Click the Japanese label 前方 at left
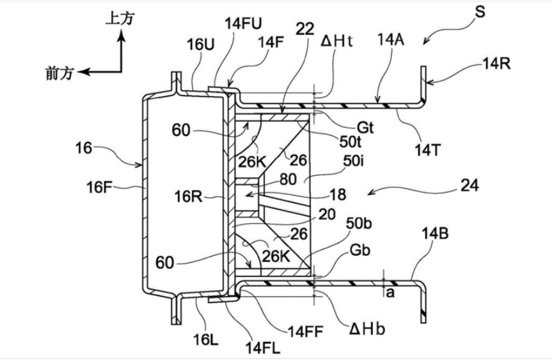(x=61, y=72)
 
